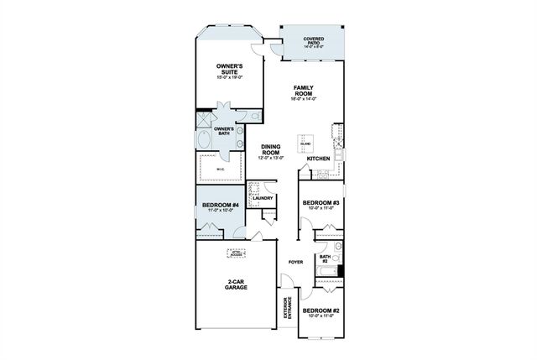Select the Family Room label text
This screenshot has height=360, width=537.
pos(303,91)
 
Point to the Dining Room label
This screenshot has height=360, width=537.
pos(270,150)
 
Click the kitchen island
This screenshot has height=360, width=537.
pos(305,143)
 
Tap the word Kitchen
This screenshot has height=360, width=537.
pos(318,159)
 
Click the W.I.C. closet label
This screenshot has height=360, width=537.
pos(221,170)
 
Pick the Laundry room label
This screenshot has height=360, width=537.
pos(263,198)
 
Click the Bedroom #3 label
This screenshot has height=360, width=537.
pos(320,204)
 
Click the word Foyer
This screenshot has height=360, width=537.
pos(295,262)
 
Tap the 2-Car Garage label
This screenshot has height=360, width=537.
pos(236,284)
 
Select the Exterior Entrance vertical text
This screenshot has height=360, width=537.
pos(286,310)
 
